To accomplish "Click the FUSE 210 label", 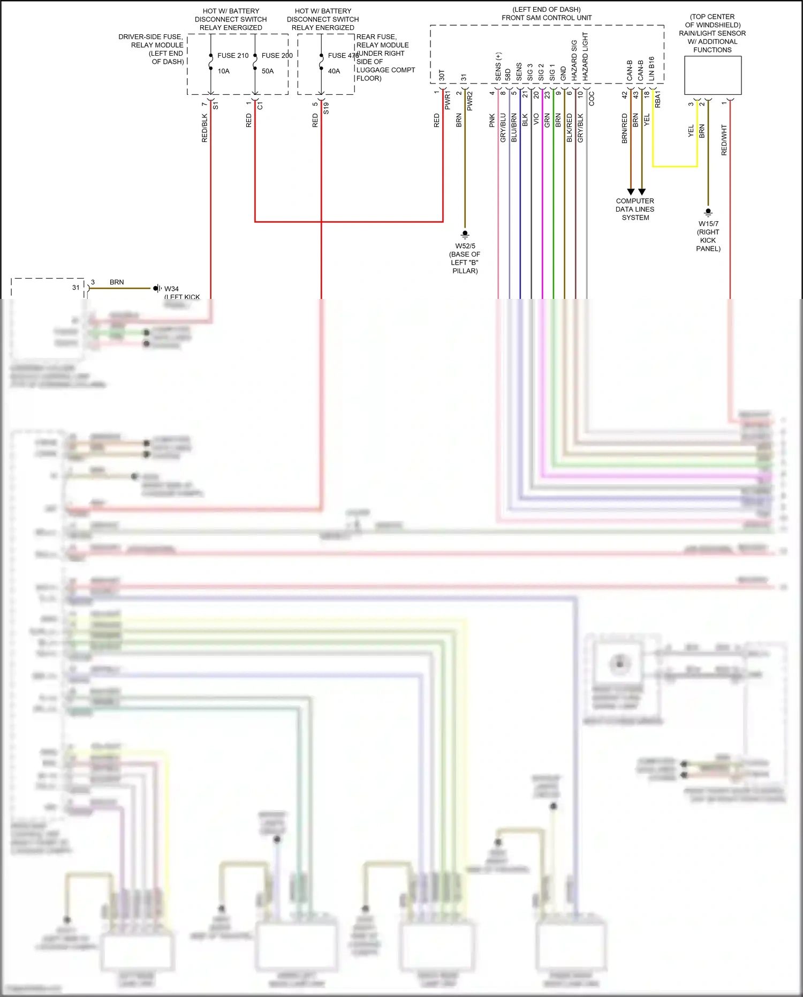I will coord(233,56).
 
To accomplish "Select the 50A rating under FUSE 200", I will coord(268,71).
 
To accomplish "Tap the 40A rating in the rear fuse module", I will coord(334,71).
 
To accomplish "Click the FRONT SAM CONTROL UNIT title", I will coord(547,18).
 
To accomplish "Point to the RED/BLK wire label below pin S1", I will coord(204,128).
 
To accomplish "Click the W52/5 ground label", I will coord(465,246).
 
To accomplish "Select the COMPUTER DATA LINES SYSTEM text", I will coord(635,209).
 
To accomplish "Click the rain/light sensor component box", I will coord(713,76).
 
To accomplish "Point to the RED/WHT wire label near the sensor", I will coord(724,140).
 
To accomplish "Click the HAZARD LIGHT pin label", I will coord(585,57).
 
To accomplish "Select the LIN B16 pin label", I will coord(652,69).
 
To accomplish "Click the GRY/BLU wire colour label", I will coord(503,128).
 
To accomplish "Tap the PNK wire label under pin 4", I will coord(492,121).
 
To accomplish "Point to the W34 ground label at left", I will coord(171,289).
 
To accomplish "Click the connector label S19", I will coord(326,108).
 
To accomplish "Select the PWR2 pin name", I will coord(470,101).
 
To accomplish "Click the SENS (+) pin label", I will coord(498,66).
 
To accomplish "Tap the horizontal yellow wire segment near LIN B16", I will coord(675,167).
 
